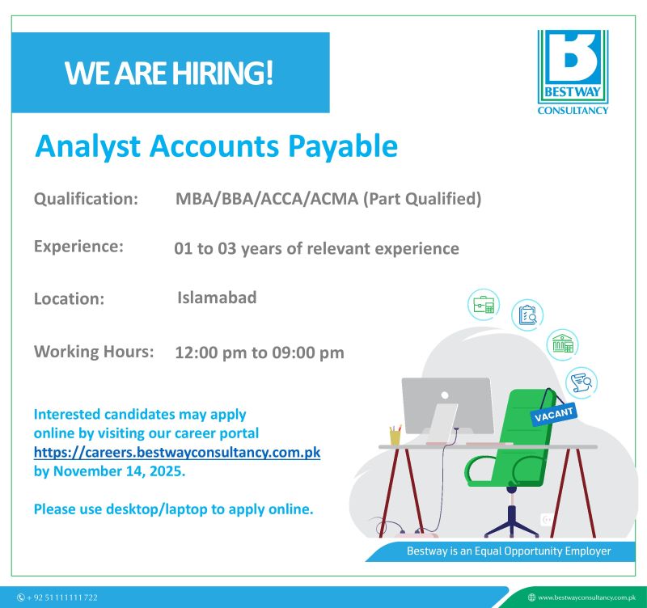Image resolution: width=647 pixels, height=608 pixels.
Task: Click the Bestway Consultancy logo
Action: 573,71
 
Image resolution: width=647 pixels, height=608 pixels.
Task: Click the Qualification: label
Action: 86,199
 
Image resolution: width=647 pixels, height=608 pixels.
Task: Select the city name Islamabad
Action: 217,298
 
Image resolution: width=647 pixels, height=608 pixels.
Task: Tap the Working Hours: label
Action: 94,352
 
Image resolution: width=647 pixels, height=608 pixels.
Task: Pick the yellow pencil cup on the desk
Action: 395,436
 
